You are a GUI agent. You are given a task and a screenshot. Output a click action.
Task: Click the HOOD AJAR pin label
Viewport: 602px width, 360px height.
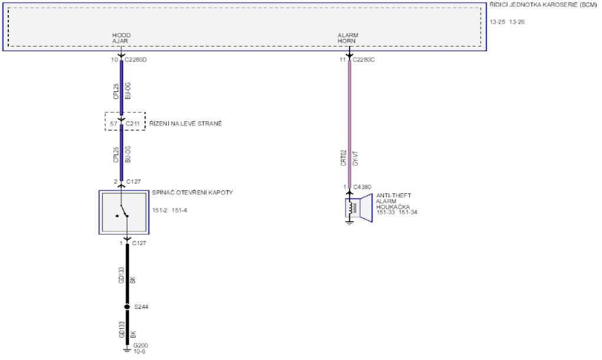tap(121, 38)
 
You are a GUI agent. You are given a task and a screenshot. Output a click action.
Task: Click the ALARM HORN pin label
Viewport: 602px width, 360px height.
tap(348, 38)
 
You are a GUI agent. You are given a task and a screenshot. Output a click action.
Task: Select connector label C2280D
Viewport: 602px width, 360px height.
tap(136, 60)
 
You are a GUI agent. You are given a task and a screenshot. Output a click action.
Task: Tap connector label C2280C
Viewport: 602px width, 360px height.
tap(362, 60)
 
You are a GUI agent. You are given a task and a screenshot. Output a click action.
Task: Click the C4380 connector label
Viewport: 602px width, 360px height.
tap(362, 187)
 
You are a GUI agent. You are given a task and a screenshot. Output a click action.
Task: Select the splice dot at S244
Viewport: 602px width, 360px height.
tap(127, 307)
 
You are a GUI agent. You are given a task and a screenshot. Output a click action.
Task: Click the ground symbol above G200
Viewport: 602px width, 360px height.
tap(127, 349)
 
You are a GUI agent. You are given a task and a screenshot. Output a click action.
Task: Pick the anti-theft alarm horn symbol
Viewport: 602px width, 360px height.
tap(358, 209)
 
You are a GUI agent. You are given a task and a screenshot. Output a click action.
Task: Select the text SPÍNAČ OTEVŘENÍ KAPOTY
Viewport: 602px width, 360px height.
tap(192, 193)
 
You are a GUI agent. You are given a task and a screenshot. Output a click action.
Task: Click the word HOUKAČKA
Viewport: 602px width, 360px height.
tap(391, 207)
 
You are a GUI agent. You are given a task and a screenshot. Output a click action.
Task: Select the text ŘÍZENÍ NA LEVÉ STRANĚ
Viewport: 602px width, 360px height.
tap(186, 124)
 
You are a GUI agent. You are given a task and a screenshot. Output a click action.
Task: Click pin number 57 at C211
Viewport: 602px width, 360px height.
tap(113, 124)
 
